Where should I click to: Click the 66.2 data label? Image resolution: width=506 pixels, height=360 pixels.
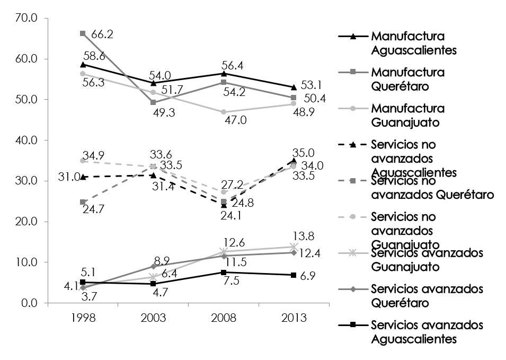point(102,35)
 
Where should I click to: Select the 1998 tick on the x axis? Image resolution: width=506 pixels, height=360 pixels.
point(83,318)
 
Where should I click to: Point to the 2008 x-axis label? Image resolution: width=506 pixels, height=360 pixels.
point(224,318)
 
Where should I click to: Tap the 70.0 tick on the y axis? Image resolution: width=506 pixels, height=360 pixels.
point(25,18)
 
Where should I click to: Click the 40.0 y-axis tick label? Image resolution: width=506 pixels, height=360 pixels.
point(25,141)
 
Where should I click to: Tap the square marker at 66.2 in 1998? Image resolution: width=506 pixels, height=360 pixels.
point(83,33)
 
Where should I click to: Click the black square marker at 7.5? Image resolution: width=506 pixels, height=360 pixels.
point(224,273)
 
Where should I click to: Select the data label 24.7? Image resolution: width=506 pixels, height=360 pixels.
point(93,209)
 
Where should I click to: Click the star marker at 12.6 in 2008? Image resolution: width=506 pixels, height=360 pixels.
point(224,252)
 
